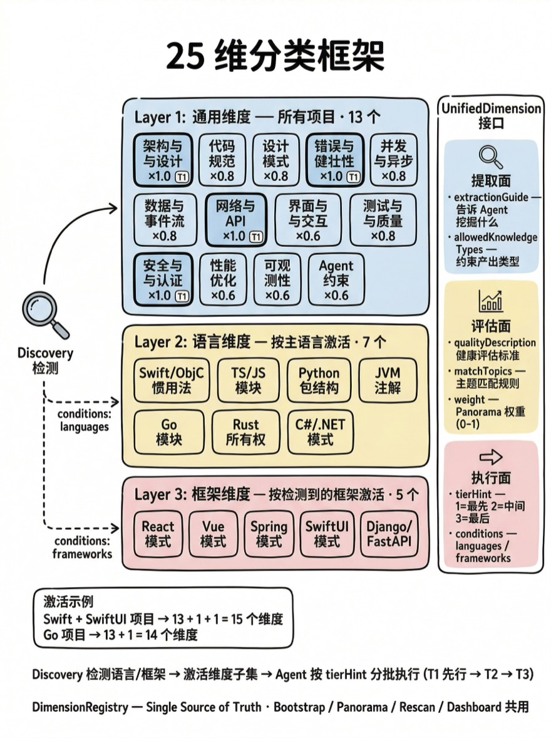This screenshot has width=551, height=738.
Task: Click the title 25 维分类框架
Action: [275, 57]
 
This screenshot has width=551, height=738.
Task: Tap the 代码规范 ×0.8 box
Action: [222, 160]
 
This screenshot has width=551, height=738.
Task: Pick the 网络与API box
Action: [236, 220]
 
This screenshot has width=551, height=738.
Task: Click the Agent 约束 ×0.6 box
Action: [336, 279]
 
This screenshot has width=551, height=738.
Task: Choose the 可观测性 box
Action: [277, 279]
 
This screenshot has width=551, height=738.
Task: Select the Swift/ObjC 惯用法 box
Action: [172, 380]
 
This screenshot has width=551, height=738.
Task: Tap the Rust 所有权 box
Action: [245, 432]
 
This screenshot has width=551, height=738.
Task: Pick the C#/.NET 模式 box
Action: [320, 432]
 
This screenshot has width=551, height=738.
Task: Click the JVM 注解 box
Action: [388, 380]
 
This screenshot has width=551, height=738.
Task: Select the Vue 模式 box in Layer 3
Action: [213, 534]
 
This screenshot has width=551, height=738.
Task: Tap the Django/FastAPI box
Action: [389, 534]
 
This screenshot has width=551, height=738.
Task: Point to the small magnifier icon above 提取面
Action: [490, 157]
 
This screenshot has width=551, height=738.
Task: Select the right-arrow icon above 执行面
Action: [490, 457]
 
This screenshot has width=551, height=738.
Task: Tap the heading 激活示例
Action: [68, 601]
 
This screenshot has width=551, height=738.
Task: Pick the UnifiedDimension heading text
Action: [491, 108]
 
